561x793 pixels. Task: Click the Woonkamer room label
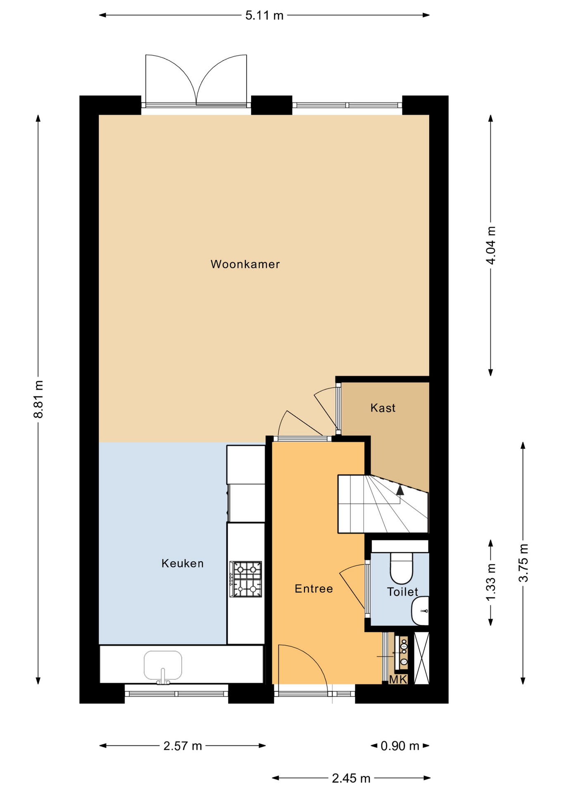coord(245,264)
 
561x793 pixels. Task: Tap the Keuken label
coord(183,563)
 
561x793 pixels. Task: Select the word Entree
coord(314,589)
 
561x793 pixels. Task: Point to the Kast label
coord(383,408)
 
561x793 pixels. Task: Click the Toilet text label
coord(402,592)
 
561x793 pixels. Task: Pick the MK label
coord(398,679)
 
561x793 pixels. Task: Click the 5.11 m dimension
coord(264,16)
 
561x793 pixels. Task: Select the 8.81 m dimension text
coord(38,399)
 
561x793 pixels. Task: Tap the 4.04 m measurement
coord(491,245)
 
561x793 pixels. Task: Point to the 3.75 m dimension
coord(523,563)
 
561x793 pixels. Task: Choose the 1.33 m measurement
coord(491,582)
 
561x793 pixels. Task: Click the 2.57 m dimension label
coord(183,746)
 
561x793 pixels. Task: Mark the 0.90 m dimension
coord(400,746)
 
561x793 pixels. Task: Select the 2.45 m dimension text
coord(351,779)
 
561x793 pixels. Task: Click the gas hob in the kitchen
coord(246,579)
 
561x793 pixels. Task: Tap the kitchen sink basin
coord(163,665)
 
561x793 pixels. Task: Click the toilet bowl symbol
coord(402,567)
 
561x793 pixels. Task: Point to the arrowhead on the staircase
coord(400,490)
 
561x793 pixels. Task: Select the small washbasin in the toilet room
coord(420,610)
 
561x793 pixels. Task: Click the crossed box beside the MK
coord(422,658)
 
